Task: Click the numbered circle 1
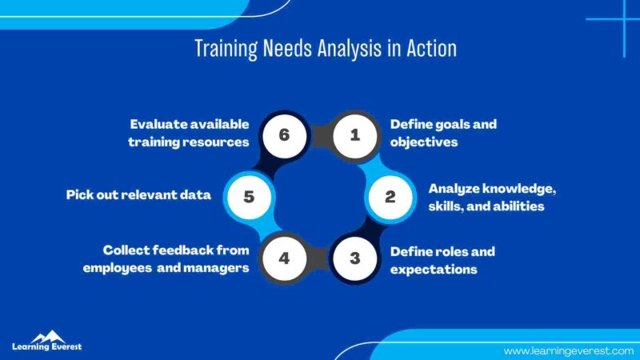pos(355,135)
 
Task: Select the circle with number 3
pos(355,258)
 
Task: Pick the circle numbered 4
pos(284,258)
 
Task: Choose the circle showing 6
pos(284,135)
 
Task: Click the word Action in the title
pos(431,49)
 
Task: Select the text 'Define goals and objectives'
pos(443,133)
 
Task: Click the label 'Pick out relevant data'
pos(140,195)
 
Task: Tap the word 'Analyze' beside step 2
pos(456,189)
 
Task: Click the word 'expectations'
pos(434,270)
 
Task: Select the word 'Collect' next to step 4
pos(128,250)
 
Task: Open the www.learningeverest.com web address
pos(563,350)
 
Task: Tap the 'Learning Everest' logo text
pos(46,347)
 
